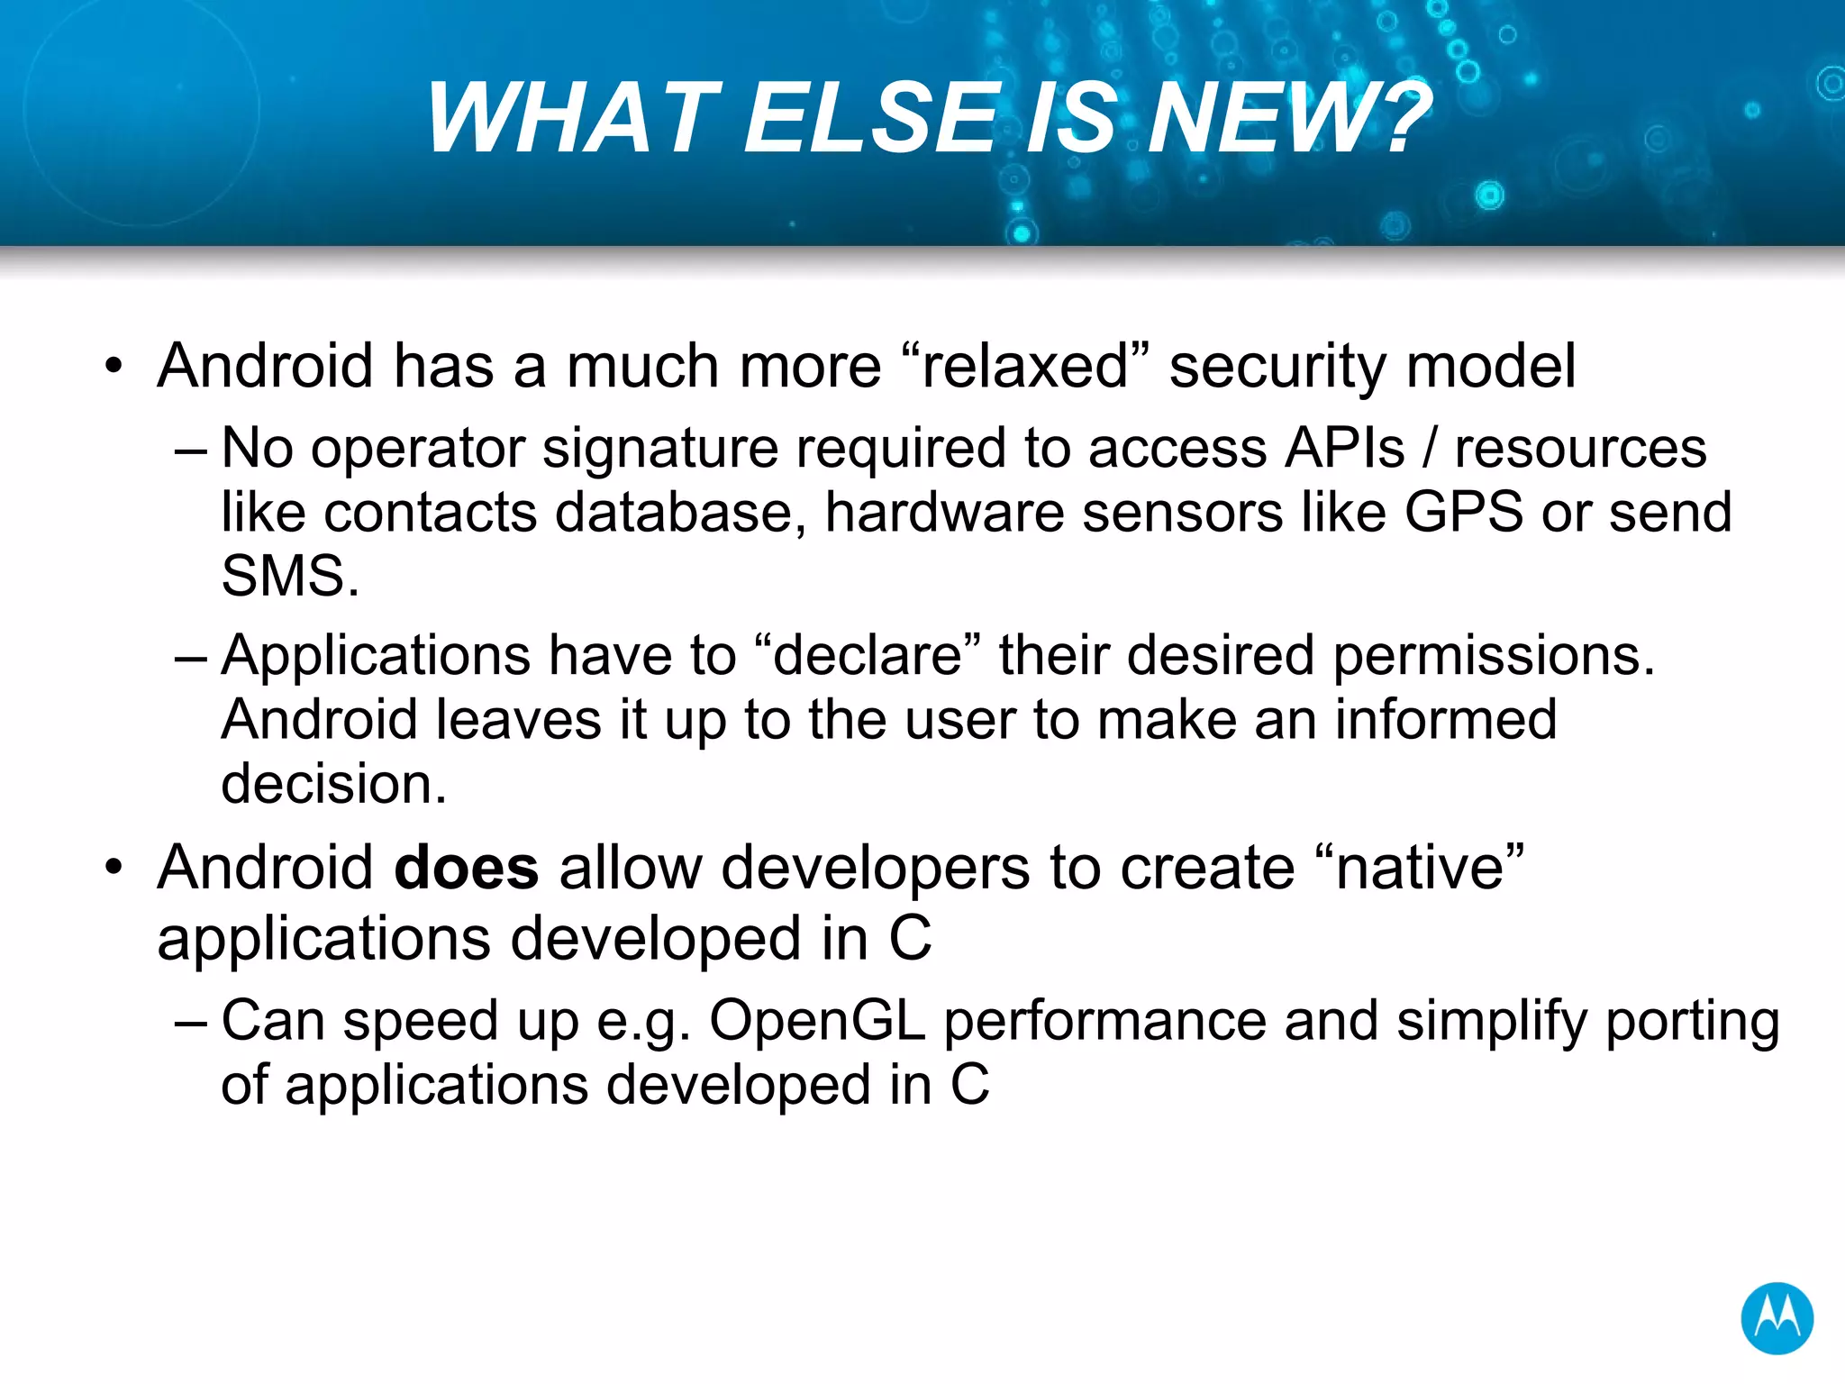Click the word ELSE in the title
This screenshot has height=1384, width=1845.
[x=871, y=119]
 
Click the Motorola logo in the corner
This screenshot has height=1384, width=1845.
[x=1777, y=1318]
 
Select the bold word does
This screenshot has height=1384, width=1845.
[x=467, y=869]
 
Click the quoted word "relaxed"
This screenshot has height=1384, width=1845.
[x=1025, y=367]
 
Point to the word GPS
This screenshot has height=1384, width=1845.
[x=1464, y=513]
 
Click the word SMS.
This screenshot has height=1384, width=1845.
[x=289, y=577]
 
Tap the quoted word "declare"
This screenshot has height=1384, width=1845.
[x=868, y=655]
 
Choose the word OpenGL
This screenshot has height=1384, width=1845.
[x=817, y=1022]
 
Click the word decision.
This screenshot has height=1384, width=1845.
[x=333, y=784]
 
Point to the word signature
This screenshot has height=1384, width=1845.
[x=659, y=449]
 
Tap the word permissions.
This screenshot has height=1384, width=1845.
[x=1494, y=655]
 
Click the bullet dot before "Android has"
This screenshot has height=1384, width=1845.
[x=113, y=368]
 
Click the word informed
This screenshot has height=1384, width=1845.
[x=1445, y=720]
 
